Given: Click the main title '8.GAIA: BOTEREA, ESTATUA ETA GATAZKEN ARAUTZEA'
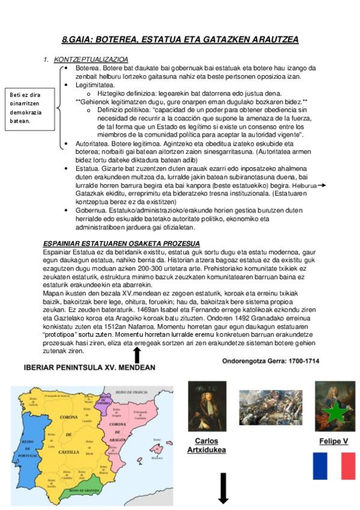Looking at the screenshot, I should click(x=180, y=40).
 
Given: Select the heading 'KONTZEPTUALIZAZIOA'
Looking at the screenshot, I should click(x=91, y=60).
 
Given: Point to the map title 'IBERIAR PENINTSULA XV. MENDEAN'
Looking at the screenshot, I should click(x=89, y=367).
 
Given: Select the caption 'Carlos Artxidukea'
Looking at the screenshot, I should click(x=206, y=445).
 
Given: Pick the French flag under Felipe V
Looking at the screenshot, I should click(x=334, y=466).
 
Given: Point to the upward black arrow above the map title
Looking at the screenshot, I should click(x=137, y=355).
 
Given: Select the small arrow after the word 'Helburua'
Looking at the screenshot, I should click(x=322, y=186).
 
